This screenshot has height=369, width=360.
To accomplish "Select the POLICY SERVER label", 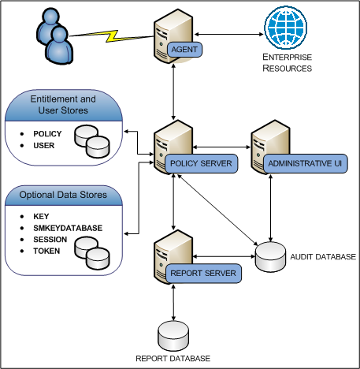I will pyautogui.click(x=200, y=163).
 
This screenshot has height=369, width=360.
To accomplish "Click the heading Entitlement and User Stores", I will pyautogui.click(x=63, y=105).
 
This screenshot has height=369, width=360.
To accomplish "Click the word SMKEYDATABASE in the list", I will pyautogui.click(x=68, y=228).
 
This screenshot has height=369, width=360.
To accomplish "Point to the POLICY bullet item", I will pyautogui.click(x=48, y=134).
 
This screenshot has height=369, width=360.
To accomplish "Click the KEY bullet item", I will pyautogui.click(x=42, y=216).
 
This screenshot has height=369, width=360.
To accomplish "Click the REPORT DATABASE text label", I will pyautogui.click(x=173, y=359).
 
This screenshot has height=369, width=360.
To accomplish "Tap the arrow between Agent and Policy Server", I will pyautogui.click(x=173, y=90).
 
